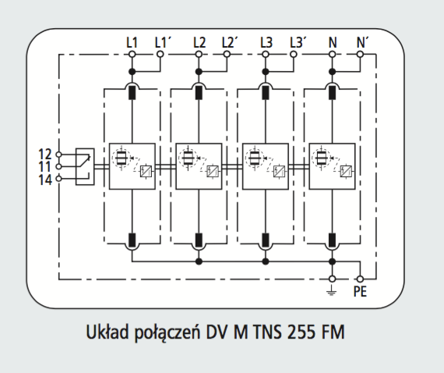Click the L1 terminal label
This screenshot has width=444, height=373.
[x=132, y=43]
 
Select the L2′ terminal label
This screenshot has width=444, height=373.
[x=230, y=43]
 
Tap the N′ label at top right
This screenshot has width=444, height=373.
[x=362, y=43]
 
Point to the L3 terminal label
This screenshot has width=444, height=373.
[x=266, y=43]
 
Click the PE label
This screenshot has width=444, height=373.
[x=360, y=291]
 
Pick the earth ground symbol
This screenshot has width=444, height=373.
[x=332, y=290]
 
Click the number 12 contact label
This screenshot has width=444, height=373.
[x=45, y=155]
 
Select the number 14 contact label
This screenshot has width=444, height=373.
[x=45, y=179]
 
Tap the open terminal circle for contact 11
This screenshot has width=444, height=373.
[x=58, y=166]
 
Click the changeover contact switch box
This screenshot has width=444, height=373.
[x=85, y=166]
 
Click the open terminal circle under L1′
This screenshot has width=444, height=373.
[x=160, y=54]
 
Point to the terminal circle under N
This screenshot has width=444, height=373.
[x=332, y=54]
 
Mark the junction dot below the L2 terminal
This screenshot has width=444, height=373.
[x=199, y=72]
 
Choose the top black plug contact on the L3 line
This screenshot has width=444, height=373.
[x=266, y=93]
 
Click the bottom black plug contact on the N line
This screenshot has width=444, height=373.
[x=332, y=240]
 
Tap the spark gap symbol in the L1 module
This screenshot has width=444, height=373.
[x=122, y=158]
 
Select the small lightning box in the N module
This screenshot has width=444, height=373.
[x=346, y=171]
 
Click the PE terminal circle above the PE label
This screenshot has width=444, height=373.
[x=360, y=279]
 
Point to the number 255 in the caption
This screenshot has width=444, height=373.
[x=301, y=332]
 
